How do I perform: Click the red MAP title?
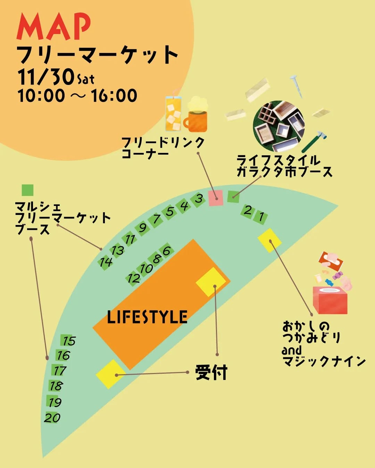[54, 27]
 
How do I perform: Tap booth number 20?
[52, 417]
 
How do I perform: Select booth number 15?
[68, 340]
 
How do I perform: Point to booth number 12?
[133, 278]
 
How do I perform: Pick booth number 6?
[167, 250]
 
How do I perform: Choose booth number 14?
[106, 262]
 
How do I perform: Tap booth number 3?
[199, 199]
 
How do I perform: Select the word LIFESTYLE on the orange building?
[147, 317]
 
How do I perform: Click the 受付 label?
[211, 373]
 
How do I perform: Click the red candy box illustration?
[330, 299]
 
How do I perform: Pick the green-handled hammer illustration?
[314, 141]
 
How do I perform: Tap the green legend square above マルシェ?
[27, 190]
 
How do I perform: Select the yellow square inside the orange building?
[211, 283]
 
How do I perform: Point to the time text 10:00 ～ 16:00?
[77, 96]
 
